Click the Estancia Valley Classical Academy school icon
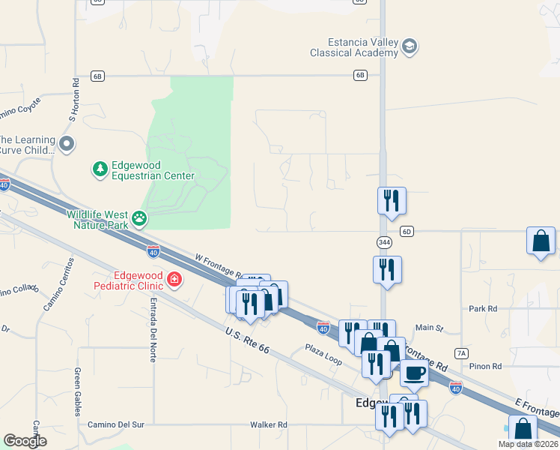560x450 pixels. click(409, 47)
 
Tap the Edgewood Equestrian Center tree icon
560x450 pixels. click(100, 169)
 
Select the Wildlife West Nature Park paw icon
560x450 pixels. click(139, 218)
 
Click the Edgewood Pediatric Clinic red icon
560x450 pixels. click(174, 280)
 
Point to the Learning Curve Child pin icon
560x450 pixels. click(67, 143)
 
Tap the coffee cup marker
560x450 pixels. click(414, 372)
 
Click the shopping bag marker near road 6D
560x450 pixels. click(541, 241)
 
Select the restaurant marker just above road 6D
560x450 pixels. click(392, 200)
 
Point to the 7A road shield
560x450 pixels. click(461, 352)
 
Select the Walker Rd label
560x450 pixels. click(269, 424)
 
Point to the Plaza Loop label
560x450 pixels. click(323, 354)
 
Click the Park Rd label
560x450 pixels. click(483, 308)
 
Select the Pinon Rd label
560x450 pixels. click(486, 366)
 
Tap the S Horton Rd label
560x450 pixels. click(73, 100)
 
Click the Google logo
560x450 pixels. click(25, 441)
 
